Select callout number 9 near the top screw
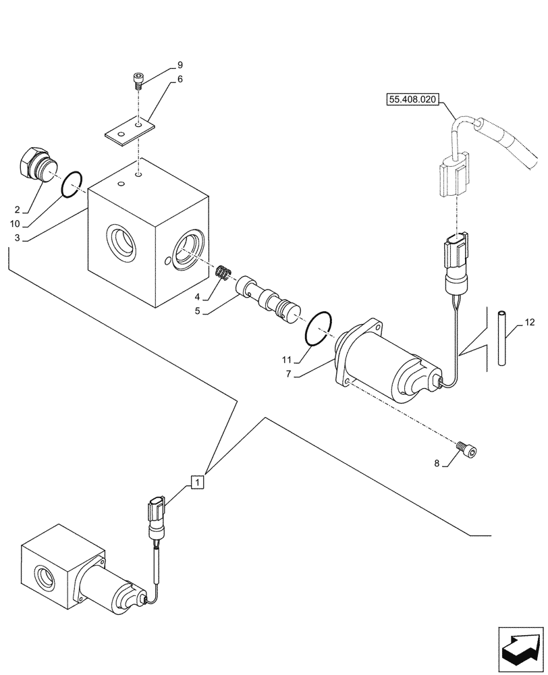(x=180, y=65)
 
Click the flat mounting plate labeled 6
(x=130, y=130)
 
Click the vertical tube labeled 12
(x=501, y=337)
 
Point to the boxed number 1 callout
(x=196, y=482)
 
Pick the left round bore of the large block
(x=120, y=242)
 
